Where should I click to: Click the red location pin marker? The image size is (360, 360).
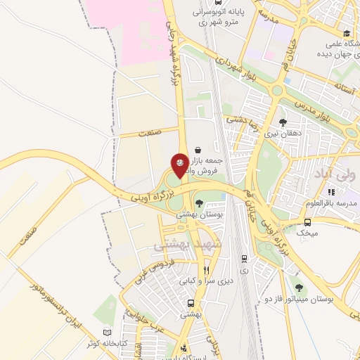180,164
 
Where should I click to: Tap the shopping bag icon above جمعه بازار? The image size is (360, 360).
198,150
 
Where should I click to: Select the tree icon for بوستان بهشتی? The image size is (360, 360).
199,203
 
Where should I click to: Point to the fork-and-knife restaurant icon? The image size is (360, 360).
206,269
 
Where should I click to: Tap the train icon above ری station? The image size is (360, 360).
244,259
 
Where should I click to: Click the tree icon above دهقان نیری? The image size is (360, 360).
283,122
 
